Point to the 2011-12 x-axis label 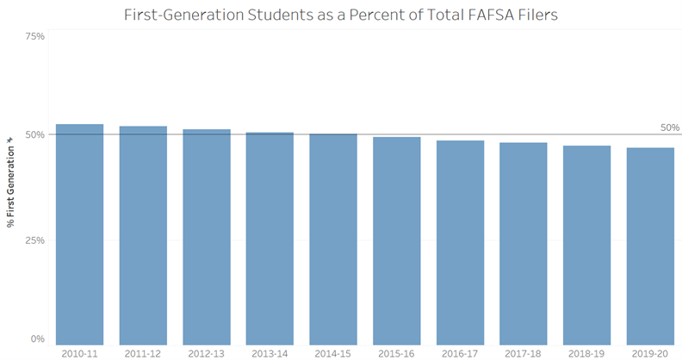click(x=143, y=352)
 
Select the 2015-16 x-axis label click(x=396, y=352)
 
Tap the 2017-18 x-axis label click(x=524, y=352)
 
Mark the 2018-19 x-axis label click(x=586, y=352)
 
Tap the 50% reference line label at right click(x=669, y=127)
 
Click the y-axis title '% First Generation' click(x=10, y=181)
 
